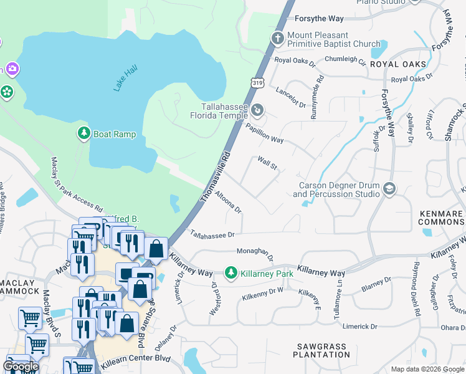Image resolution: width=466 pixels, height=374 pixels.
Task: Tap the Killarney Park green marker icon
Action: tap(231, 273)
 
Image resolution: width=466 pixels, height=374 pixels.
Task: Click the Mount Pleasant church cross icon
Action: tap(278, 39)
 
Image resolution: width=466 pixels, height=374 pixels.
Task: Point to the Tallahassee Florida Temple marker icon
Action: tap(257, 111)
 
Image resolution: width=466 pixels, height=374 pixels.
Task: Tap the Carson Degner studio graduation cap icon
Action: tap(389, 189)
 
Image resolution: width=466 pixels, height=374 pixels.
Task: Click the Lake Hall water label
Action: tap(125, 79)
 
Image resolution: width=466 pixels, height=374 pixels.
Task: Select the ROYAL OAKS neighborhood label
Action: tap(398, 64)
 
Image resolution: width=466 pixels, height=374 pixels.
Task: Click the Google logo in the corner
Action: tap(21, 367)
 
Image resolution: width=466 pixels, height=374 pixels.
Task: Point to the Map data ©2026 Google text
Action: tap(428, 369)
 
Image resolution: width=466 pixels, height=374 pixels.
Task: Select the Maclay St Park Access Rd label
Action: tap(76, 183)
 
